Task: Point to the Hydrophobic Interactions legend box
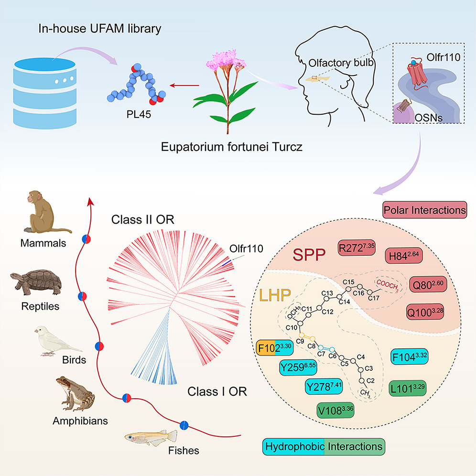[x=324, y=447]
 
